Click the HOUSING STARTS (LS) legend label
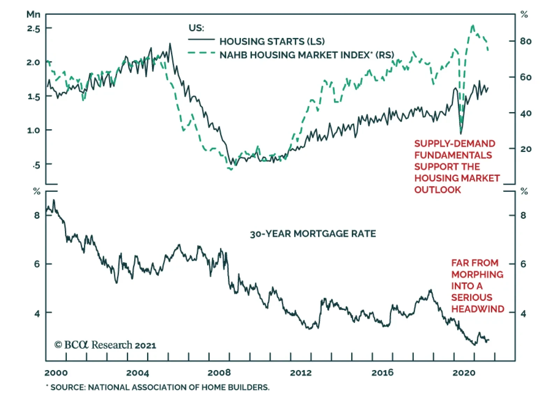click(272, 42)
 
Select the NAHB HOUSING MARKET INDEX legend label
click(306, 55)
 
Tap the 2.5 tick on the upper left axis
click(34, 28)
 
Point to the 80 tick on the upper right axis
click(525, 41)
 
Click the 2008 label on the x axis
click(219, 373)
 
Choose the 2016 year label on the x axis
click(382, 373)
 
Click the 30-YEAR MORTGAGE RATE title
click(313, 234)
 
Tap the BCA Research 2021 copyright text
click(105, 345)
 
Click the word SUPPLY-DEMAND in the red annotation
click(455, 143)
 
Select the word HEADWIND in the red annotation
click(478, 309)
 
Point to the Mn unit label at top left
click(34, 14)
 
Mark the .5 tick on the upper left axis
click(36, 165)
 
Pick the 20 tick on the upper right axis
click(525, 149)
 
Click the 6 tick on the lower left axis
click(37, 264)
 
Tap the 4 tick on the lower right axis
click(523, 313)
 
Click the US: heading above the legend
click(196, 28)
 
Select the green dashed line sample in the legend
click(201, 53)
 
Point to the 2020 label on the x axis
click(464, 373)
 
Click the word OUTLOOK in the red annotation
click(437, 190)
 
